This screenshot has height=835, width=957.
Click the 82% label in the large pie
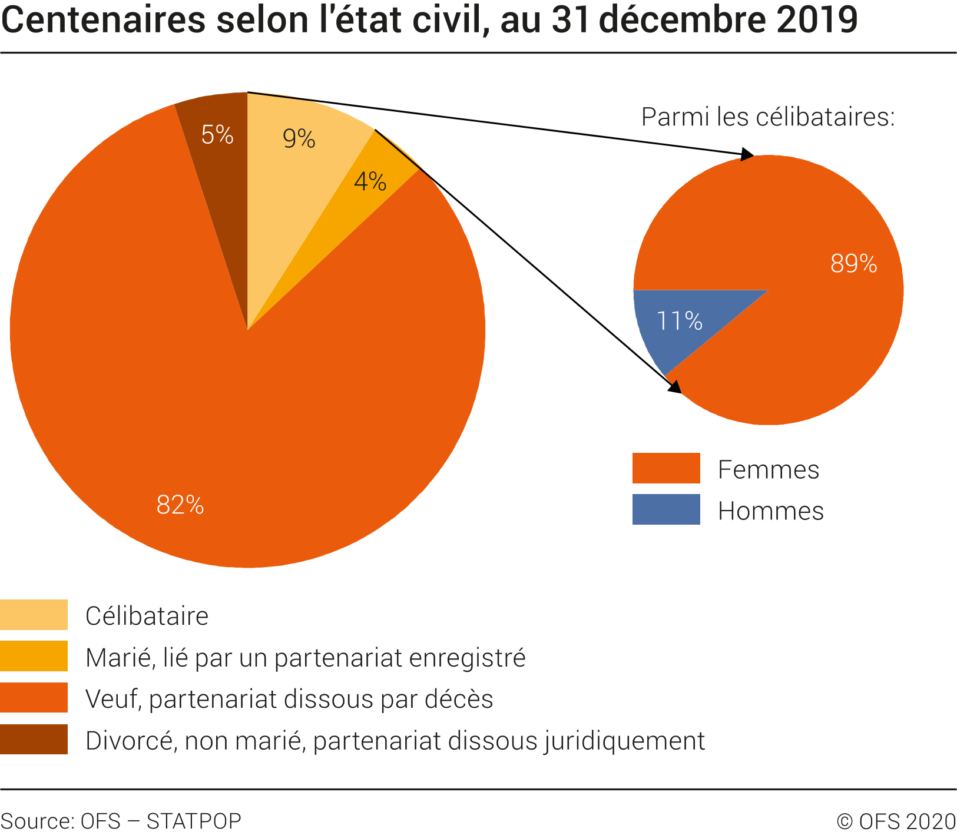(x=180, y=505)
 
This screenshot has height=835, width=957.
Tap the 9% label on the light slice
(x=299, y=138)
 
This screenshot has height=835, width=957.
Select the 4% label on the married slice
(x=370, y=181)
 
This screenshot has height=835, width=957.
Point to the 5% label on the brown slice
(x=217, y=135)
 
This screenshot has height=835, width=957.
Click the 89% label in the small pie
(x=853, y=263)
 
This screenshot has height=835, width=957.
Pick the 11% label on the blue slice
(x=679, y=321)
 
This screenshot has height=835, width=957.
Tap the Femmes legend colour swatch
(x=666, y=468)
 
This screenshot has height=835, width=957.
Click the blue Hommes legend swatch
(x=666, y=509)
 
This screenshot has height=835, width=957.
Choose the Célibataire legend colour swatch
(x=34, y=615)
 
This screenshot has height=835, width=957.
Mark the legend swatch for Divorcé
(x=34, y=740)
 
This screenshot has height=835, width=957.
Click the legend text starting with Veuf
(x=289, y=699)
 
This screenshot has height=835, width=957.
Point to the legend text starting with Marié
(x=305, y=658)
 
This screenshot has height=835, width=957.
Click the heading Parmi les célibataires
(x=768, y=117)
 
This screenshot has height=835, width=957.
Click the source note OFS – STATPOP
(x=121, y=821)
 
